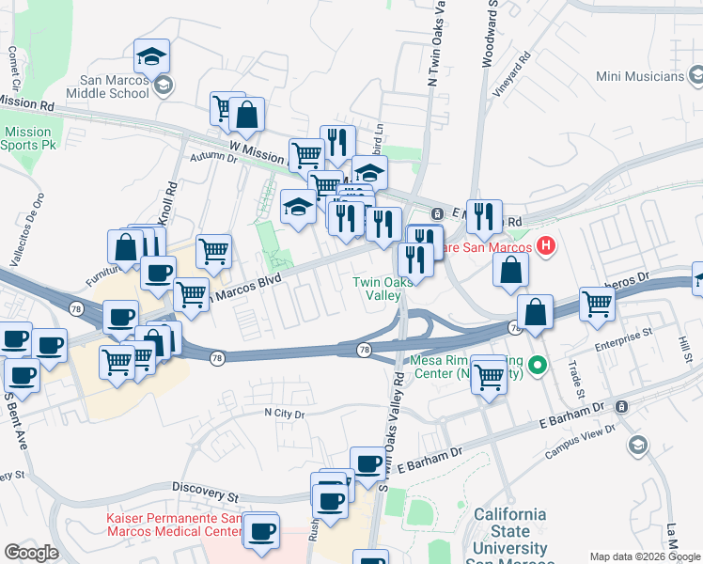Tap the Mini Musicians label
pos(638,75)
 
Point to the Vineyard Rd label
pos(513,72)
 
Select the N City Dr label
pos(285,414)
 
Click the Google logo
pos(31,553)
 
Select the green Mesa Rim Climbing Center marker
pos(537,364)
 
